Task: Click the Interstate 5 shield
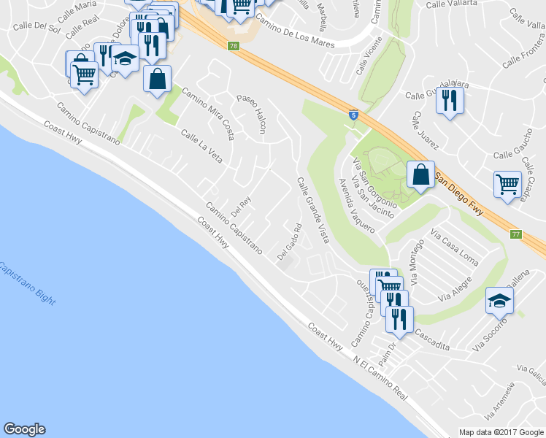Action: click(353, 115)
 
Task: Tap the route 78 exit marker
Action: click(233, 46)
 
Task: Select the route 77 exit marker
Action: click(517, 234)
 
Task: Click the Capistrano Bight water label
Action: click(26, 285)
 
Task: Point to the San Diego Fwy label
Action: click(460, 191)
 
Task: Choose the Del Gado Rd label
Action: click(289, 242)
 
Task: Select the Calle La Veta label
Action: click(201, 146)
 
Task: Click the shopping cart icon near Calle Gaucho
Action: click(507, 185)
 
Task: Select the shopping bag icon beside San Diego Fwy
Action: click(420, 175)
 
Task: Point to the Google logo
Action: click(24, 429)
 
